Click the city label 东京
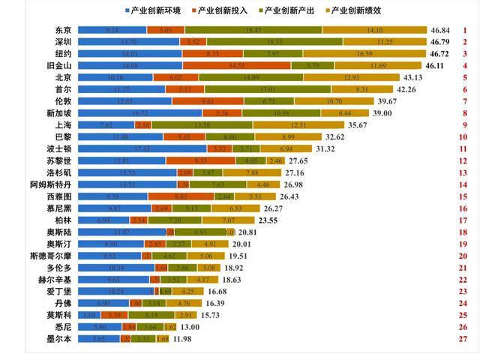[x=64, y=30]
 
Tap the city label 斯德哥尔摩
[x=49, y=256]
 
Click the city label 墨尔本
[x=59, y=339]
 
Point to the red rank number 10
[x=464, y=137]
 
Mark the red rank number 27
[x=464, y=339]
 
